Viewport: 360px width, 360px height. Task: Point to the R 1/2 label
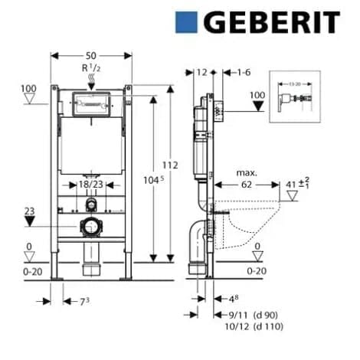(91, 70)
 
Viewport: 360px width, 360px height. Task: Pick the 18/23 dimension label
(92, 185)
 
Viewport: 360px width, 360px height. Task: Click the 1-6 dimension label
(244, 72)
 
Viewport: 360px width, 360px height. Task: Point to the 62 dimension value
(247, 184)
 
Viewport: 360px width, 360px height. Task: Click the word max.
(247, 173)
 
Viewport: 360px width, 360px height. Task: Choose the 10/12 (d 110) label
(254, 326)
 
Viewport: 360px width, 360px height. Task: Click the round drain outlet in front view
(91, 227)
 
